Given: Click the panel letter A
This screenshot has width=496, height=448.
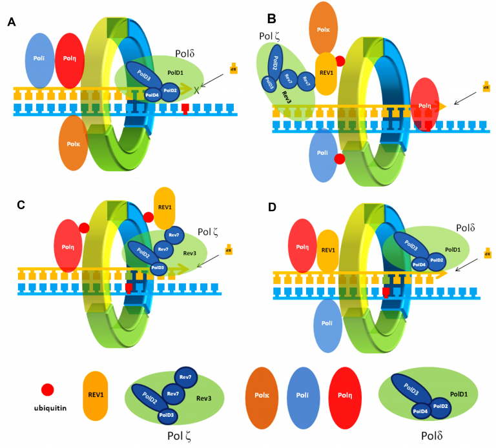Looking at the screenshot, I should (x=12, y=23).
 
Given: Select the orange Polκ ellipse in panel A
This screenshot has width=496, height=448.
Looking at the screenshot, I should (x=73, y=142).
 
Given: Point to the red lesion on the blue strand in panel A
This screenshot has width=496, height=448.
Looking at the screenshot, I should (x=185, y=108).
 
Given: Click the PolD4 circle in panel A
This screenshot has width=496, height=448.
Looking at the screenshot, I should (x=152, y=95).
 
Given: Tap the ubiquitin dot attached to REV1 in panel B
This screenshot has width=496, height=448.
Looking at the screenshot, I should (x=340, y=61).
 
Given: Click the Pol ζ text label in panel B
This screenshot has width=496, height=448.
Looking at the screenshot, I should (x=269, y=37).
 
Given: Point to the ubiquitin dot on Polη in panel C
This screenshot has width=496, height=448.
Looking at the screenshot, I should (x=83, y=228).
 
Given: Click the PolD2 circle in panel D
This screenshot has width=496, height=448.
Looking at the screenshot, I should (x=436, y=260).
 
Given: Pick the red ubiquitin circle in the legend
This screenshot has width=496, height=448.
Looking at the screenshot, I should (x=47, y=389).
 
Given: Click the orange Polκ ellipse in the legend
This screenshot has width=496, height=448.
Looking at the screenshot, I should (x=263, y=398).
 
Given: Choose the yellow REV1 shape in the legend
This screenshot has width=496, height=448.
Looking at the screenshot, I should (x=96, y=396).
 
